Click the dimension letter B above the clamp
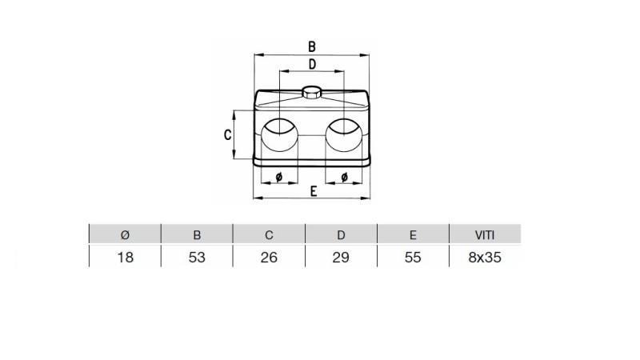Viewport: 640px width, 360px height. tap(312, 47)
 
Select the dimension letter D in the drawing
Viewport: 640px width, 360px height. tap(312, 64)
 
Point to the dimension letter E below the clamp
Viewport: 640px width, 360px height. tap(314, 190)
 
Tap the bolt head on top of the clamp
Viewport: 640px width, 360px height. tap(312, 90)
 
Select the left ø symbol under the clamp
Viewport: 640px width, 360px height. tap(278, 176)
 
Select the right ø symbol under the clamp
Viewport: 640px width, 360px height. tap(344, 176)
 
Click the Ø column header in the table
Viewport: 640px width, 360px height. tap(124, 234)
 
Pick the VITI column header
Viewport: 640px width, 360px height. tap(484, 234)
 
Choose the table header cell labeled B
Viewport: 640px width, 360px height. tap(197, 234)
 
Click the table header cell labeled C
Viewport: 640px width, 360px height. tap(269, 234)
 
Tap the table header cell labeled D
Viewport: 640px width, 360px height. tap(341, 234)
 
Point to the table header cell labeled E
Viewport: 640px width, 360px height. tap(413, 234)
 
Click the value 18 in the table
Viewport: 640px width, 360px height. tap(124, 258)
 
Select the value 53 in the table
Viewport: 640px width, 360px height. tap(197, 258)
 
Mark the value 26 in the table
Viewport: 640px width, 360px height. tap(269, 258)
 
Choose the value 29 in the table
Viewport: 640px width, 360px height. tap(341, 258)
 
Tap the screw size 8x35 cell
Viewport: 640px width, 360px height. tap(484, 258)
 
